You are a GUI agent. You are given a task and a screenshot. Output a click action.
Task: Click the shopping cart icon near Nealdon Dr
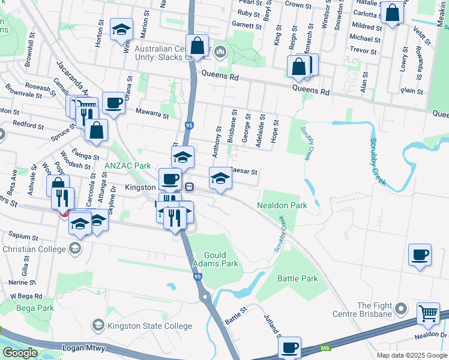coord(427,313)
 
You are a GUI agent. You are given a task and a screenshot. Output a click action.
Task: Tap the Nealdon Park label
coord(282,205)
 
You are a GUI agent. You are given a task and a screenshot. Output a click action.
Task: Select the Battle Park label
coord(297,278)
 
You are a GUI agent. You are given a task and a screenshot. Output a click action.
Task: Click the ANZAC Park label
coord(127,166)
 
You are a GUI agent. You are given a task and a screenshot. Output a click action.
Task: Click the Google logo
coord(19,353)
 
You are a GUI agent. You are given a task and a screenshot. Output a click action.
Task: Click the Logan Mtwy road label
coord(83,348)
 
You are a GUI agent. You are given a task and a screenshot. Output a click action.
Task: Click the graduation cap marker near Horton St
coord(121,30)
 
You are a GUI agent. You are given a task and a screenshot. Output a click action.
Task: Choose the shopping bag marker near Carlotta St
coord(393,14)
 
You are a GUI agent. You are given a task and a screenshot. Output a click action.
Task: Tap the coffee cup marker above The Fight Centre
coord(420,255)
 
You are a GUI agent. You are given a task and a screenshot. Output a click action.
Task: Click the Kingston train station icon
coord(188,187)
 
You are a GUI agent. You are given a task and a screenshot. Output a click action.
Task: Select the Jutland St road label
coord(271,324)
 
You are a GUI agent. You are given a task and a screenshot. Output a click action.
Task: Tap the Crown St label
coord(298,5)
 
